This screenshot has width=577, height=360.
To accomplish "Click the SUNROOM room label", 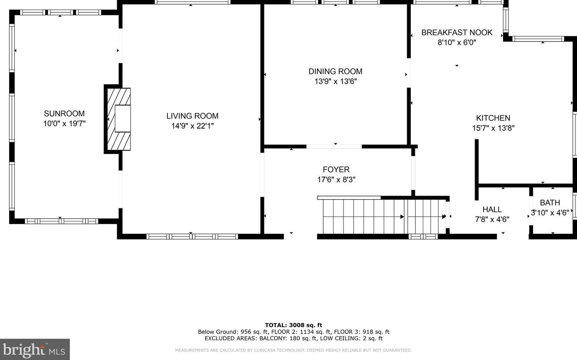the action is click(64, 113).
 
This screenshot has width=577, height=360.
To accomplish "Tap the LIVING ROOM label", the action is click(192, 116).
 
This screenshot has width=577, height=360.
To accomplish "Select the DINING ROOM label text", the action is click(335, 71).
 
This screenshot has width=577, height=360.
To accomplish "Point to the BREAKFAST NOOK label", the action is click(457, 32).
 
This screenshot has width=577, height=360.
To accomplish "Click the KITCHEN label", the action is click(493, 118).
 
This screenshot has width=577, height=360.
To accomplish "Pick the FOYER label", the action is click(336, 169).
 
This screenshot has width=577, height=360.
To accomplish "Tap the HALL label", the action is click(492, 209).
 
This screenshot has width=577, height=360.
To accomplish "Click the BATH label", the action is click(550, 203).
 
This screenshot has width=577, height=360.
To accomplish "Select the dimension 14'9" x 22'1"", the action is click(192, 126).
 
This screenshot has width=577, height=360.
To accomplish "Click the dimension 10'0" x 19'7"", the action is click(64, 124).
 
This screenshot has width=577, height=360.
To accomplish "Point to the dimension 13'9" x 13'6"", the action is click(335, 81).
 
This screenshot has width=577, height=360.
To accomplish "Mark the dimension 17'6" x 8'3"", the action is click(336, 179).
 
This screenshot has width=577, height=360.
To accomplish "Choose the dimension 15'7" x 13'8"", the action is click(493, 128).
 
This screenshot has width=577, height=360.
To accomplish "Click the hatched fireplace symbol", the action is click(119, 119).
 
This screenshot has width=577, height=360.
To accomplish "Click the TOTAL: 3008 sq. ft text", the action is click(293, 325).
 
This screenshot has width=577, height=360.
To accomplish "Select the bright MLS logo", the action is click(35, 349).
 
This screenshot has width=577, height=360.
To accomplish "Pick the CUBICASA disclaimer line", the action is click(293, 350).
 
